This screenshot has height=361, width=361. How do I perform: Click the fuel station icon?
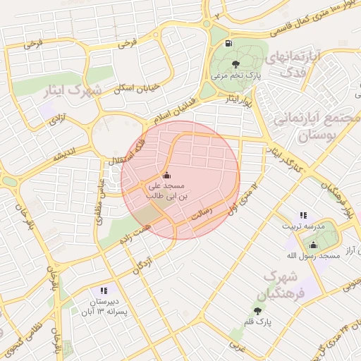click(228, 43)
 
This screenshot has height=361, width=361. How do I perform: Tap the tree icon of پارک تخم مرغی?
click(235, 64)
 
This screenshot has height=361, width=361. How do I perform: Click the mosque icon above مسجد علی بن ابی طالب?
click(166, 175)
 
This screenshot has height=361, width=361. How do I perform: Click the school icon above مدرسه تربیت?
click(303, 215)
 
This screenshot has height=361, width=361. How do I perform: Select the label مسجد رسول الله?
click(319, 255)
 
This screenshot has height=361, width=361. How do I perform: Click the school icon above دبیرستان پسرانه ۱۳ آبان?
click(104, 290)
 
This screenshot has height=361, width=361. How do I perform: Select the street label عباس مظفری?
click(100, 200)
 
